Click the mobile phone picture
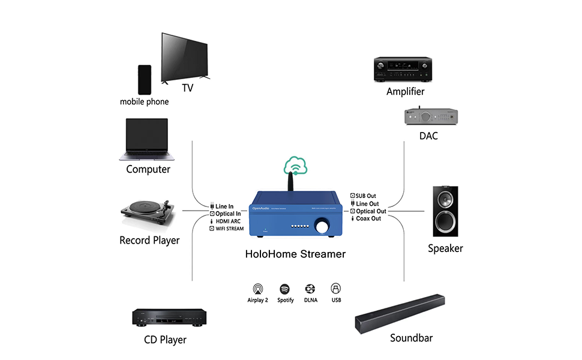point(144,80)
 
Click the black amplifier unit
point(403,69)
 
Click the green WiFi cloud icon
point(296,164)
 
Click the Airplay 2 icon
point(257,289)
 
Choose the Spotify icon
point(285,289)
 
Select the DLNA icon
point(310,289)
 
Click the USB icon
point(335,289)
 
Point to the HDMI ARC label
point(228,221)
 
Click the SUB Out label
point(366,196)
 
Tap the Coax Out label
point(368,218)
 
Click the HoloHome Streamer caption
point(295,254)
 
